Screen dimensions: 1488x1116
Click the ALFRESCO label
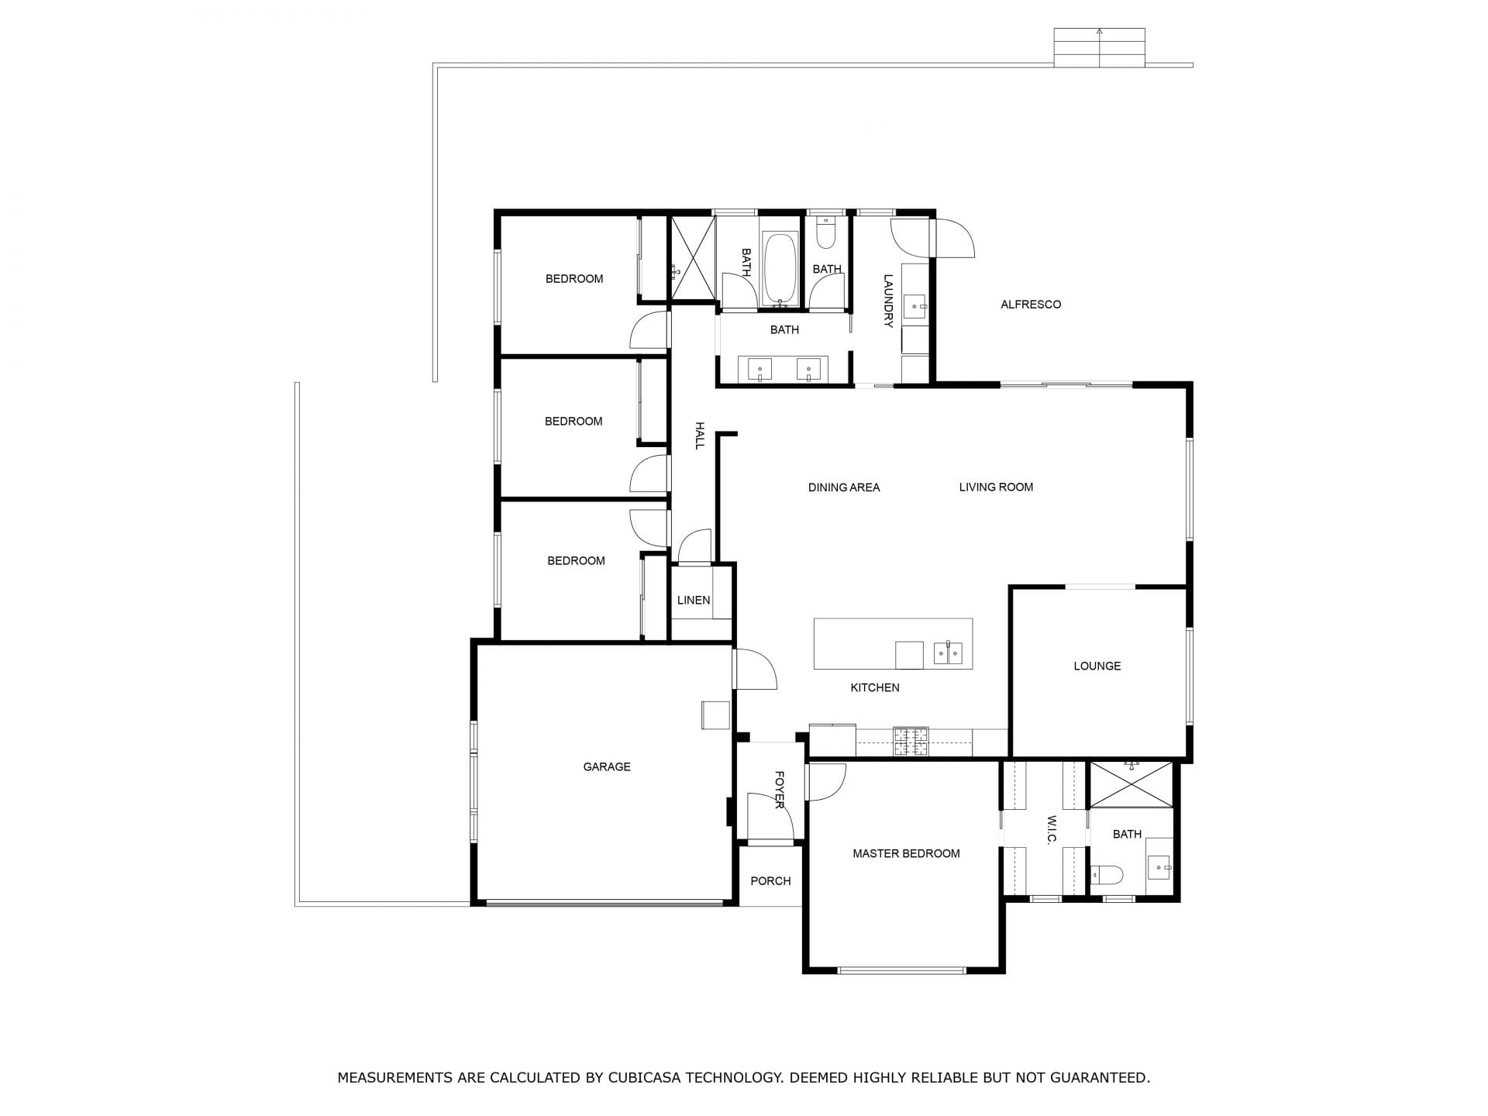pos(1031,305)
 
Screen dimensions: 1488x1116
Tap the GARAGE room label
pos(607,766)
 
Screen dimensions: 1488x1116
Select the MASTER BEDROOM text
pos(906,853)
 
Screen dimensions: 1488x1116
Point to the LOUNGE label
pos(1097,666)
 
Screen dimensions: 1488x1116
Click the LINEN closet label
pos(694,600)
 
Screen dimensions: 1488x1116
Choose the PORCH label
pos(770,880)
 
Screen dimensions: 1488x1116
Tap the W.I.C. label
pos(1052,830)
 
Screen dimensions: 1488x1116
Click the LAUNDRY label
pos(888,301)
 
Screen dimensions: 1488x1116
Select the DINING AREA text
pos(844,487)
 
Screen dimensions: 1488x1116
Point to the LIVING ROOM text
pos(996,487)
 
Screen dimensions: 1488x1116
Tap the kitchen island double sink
pos(948,653)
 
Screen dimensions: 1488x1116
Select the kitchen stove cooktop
pos(911,742)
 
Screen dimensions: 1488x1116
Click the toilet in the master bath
pos(1107,875)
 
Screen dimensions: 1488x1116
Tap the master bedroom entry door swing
pos(827,782)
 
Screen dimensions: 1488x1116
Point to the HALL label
pos(699,436)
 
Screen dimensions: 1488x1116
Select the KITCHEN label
pos(875,687)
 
